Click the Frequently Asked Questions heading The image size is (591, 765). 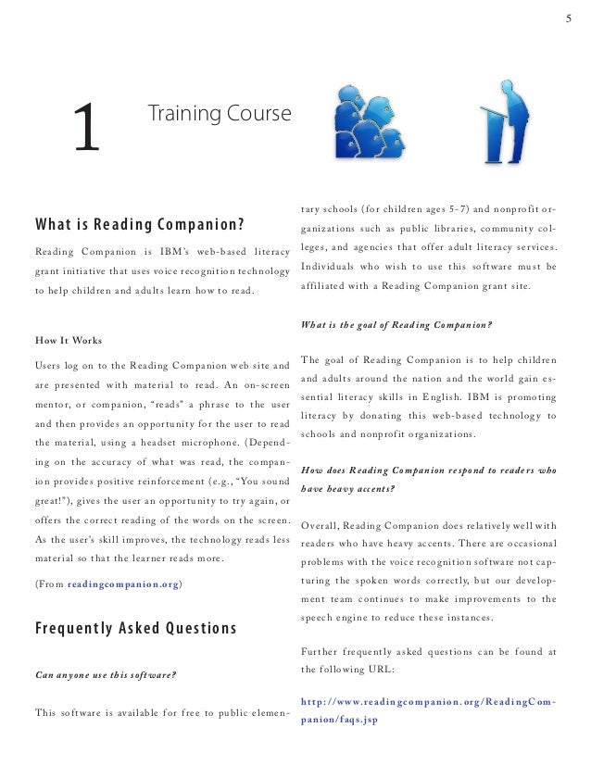(135, 630)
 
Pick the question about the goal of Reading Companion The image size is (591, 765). (396, 324)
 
